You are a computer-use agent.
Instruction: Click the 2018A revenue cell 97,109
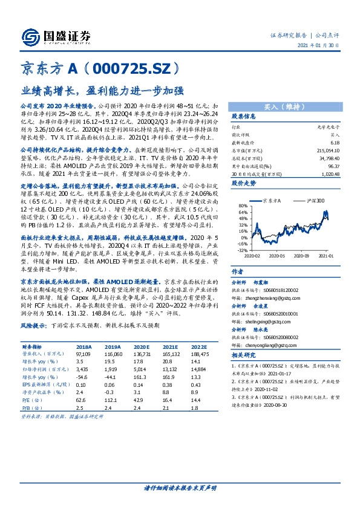pyautogui.click(x=84, y=354)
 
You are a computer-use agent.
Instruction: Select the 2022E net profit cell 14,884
pyautogui.click(x=198, y=368)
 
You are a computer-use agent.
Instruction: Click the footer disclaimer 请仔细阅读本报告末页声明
pyautogui.click(x=180, y=487)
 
